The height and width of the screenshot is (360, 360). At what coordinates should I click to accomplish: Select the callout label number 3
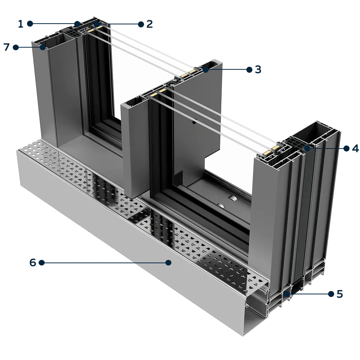coord(253,70)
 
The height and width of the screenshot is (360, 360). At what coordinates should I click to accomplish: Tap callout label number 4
coord(351,148)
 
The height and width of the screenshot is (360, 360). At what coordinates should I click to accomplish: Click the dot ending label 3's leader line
coord(205,69)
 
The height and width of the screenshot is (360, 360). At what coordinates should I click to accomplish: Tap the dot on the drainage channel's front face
coord(168,263)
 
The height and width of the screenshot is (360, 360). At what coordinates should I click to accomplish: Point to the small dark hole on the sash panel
coord(195,122)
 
